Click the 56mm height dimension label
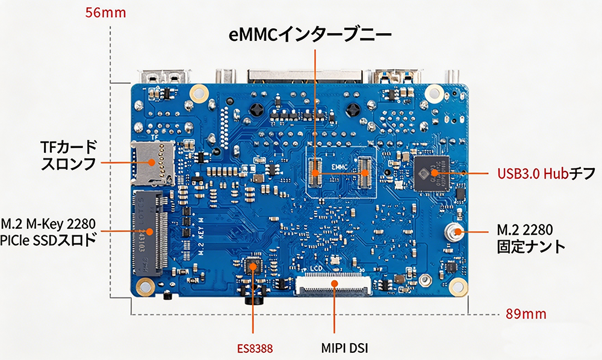point(106,13)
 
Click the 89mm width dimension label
point(526,314)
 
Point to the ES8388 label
point(254,347)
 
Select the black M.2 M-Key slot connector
point(150,232)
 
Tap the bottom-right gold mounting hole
point(458,288)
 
